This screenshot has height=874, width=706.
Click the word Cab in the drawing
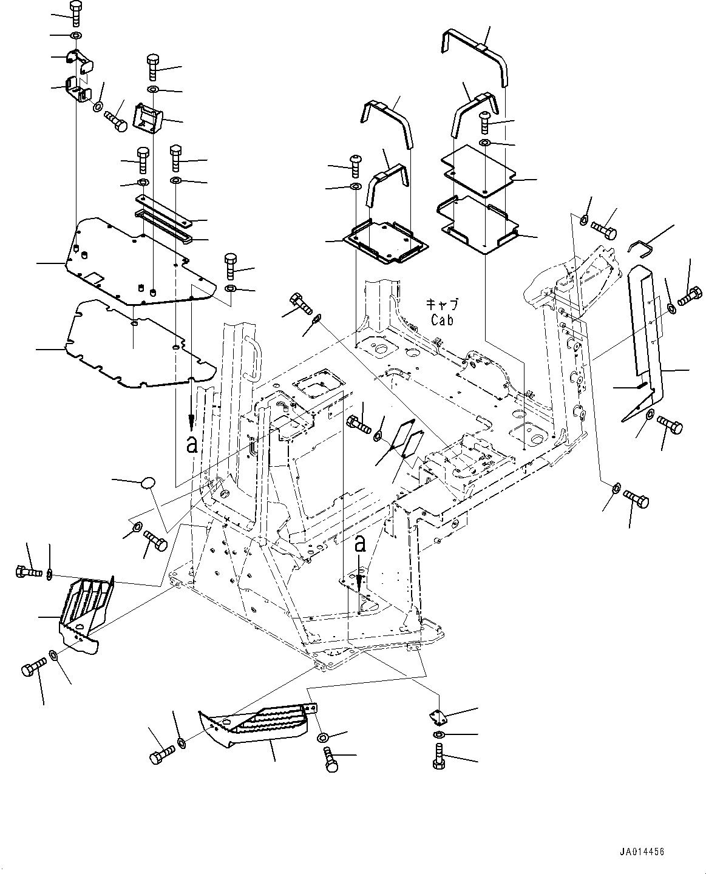441,320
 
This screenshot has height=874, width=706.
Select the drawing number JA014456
643,852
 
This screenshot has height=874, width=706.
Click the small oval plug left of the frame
148,483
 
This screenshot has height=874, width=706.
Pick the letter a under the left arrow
192,445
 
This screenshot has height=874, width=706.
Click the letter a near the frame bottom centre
361,544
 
